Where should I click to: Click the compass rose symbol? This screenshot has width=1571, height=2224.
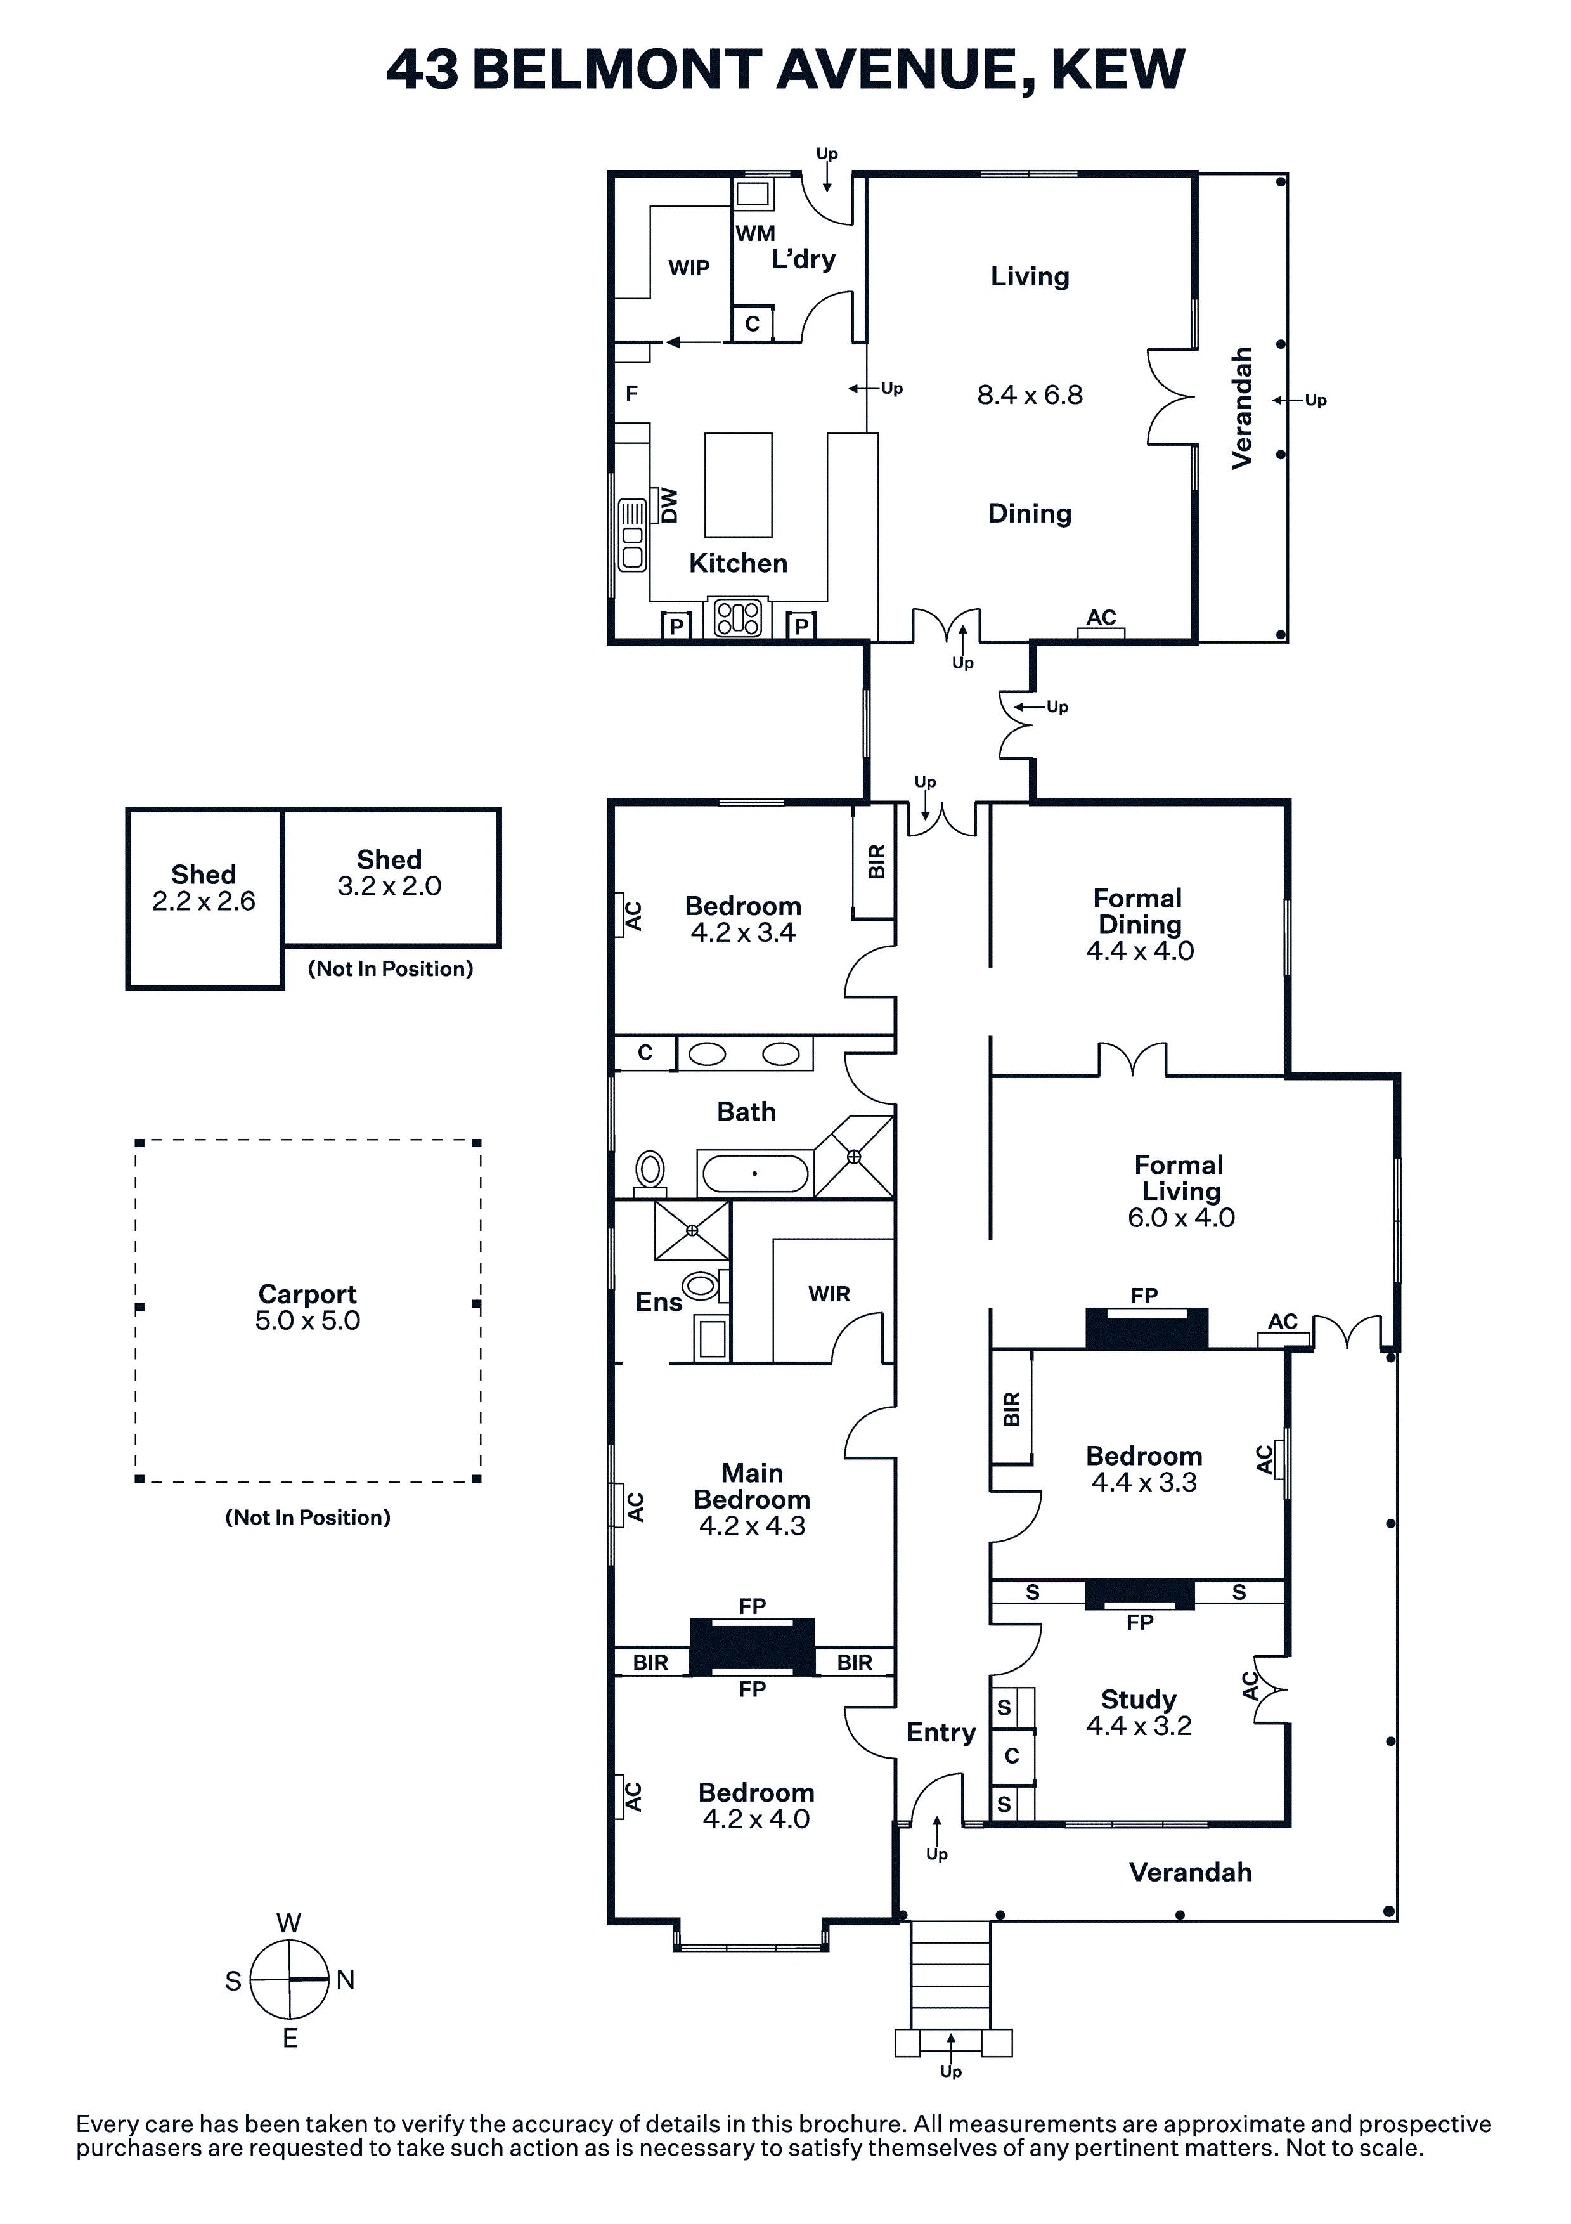(290, 1980)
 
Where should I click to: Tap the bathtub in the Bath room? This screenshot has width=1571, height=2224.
(754, 1173)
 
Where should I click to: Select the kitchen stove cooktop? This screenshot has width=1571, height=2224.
(738, 618)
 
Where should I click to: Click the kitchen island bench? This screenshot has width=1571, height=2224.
(738, 485)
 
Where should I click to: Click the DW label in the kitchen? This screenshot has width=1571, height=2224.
(668, 505)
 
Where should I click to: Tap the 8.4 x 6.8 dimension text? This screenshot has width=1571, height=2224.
(1030, 395)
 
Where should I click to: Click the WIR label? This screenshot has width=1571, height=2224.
(829, 1294)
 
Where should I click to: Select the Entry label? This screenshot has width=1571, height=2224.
(940, 1733)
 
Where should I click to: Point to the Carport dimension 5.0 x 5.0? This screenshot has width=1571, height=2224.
(307, 1321)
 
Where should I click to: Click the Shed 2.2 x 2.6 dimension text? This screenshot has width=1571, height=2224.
(204, 902)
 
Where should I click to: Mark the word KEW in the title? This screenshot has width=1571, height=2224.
(1118, 70)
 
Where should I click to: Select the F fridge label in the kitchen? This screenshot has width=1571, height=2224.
(631, 393)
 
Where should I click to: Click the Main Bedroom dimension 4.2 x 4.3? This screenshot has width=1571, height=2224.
(753, 1526)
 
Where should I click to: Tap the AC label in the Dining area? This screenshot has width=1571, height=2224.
(1101, 617)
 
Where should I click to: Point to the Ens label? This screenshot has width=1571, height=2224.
(659, 1303)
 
